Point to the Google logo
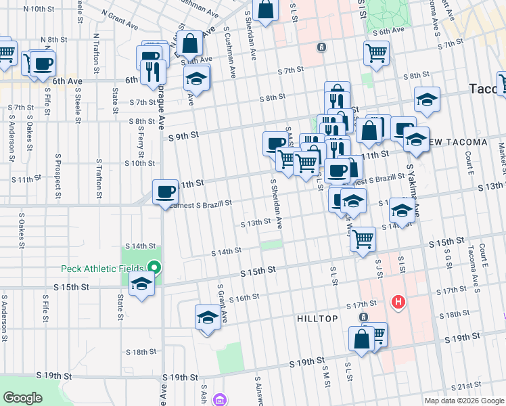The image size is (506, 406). click(22, 397)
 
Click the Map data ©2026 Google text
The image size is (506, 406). click(464, 401)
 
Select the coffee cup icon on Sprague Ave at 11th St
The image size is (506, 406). click(165, 193)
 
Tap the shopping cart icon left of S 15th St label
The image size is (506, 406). click(363, 239)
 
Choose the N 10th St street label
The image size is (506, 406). click(39, 9)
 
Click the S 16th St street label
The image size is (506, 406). click(244, 298)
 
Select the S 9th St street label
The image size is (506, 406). click(183, 135)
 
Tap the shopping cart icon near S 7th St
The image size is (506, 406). click(376, 53)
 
